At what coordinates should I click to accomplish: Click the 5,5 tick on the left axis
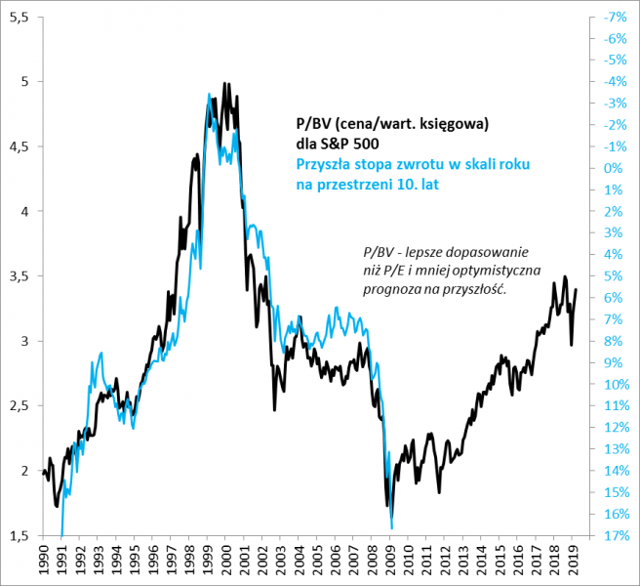19,18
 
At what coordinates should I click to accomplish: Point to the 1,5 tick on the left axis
19,536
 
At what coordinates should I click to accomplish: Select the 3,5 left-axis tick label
19,276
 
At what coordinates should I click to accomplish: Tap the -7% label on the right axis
615,18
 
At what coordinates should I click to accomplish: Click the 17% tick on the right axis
615,536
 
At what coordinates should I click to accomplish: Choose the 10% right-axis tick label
615,385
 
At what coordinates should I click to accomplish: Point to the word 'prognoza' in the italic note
385,290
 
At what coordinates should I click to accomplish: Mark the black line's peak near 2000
225,84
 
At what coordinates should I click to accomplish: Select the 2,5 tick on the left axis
19,406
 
